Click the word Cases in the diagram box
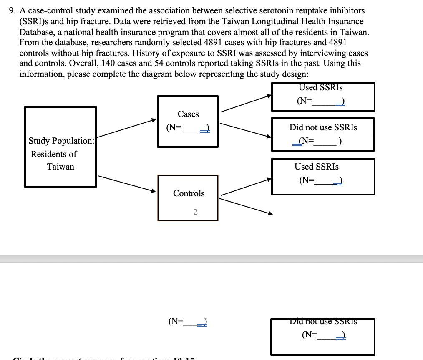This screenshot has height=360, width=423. tap(188, 114)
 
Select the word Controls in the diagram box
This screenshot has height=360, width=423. tap(189, 193)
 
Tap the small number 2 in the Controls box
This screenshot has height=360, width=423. tap(195, 212)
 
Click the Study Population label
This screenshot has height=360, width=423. tap(61, 141)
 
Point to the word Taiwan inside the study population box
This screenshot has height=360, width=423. tap(60, 167)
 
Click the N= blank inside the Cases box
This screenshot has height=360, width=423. tap(188, 128)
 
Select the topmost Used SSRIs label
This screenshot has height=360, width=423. tap(321, 87)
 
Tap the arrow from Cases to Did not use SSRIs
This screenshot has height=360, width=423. tap(246, 129)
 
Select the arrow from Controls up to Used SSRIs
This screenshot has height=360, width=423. tap(246, 187)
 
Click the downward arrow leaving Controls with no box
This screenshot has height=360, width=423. tap(246, 206)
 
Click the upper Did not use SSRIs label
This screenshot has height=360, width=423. tap(323, 127)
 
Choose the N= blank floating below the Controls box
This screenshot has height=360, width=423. tap(188, 322)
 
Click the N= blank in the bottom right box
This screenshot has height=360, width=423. tap(323, 335)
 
